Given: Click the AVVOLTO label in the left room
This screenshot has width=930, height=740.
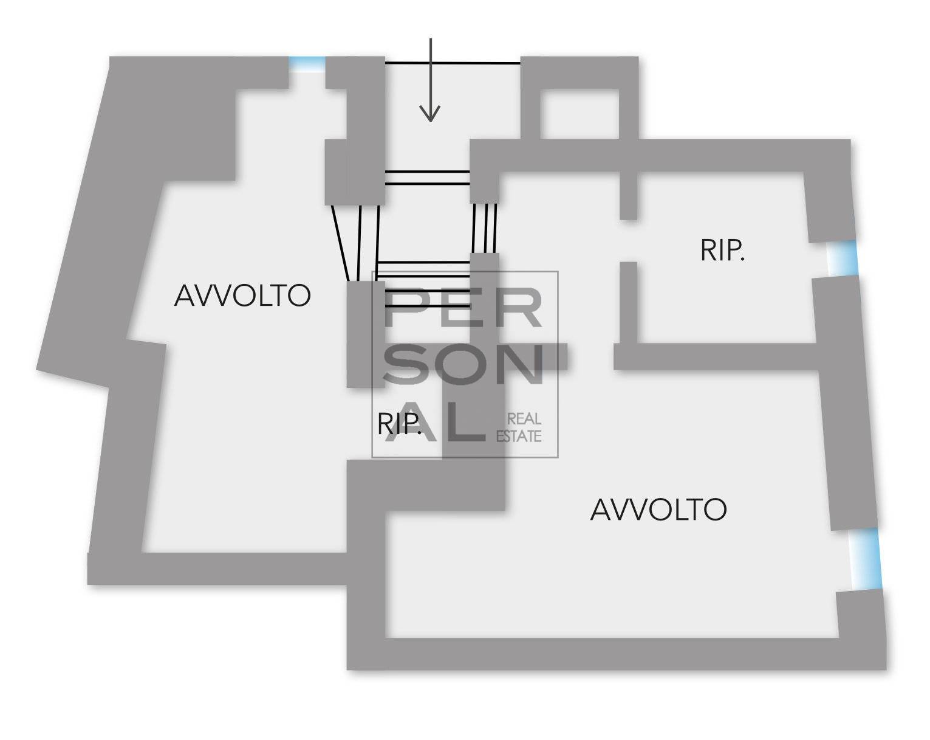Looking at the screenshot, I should pos(242,296).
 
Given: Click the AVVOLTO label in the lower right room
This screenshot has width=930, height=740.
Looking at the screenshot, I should pos(658,510).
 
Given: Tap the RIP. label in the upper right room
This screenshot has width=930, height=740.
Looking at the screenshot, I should pos(722,251).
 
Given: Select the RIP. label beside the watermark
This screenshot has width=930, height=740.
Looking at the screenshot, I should pos(399,424).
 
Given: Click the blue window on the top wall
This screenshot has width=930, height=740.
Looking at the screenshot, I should pos(307,63).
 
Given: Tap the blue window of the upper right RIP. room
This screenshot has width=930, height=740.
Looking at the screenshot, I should pos(843,259).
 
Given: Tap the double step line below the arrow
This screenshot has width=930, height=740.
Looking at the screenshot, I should pos(428,178).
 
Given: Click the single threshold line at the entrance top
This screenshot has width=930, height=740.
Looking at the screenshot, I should pos(453,63).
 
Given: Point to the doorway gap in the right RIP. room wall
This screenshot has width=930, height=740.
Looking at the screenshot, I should pos(628,241).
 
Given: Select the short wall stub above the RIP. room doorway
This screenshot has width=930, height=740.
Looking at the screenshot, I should pos(628,195).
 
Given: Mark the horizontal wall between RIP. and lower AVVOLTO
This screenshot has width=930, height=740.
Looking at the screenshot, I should pos(717,357).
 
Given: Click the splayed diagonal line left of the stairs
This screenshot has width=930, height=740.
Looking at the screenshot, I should pos(340,243).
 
